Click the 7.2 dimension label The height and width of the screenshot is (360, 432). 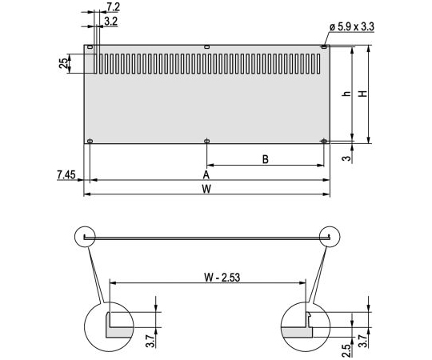click(113, 6)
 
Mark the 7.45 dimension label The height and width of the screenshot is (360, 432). click(65, 174)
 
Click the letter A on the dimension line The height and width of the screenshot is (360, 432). click(206, 174)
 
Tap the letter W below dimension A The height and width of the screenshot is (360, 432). click(206, 189)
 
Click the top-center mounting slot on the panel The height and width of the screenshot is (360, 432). click(207, 47)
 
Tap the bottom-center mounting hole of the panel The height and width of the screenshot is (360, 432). click(207, 142)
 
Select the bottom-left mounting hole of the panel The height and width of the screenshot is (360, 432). click(90, 142)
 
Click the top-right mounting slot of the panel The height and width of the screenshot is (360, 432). click(324, 47)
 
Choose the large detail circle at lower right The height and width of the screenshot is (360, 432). click(306, 326)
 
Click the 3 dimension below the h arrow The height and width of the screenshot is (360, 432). click(345, 158)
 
